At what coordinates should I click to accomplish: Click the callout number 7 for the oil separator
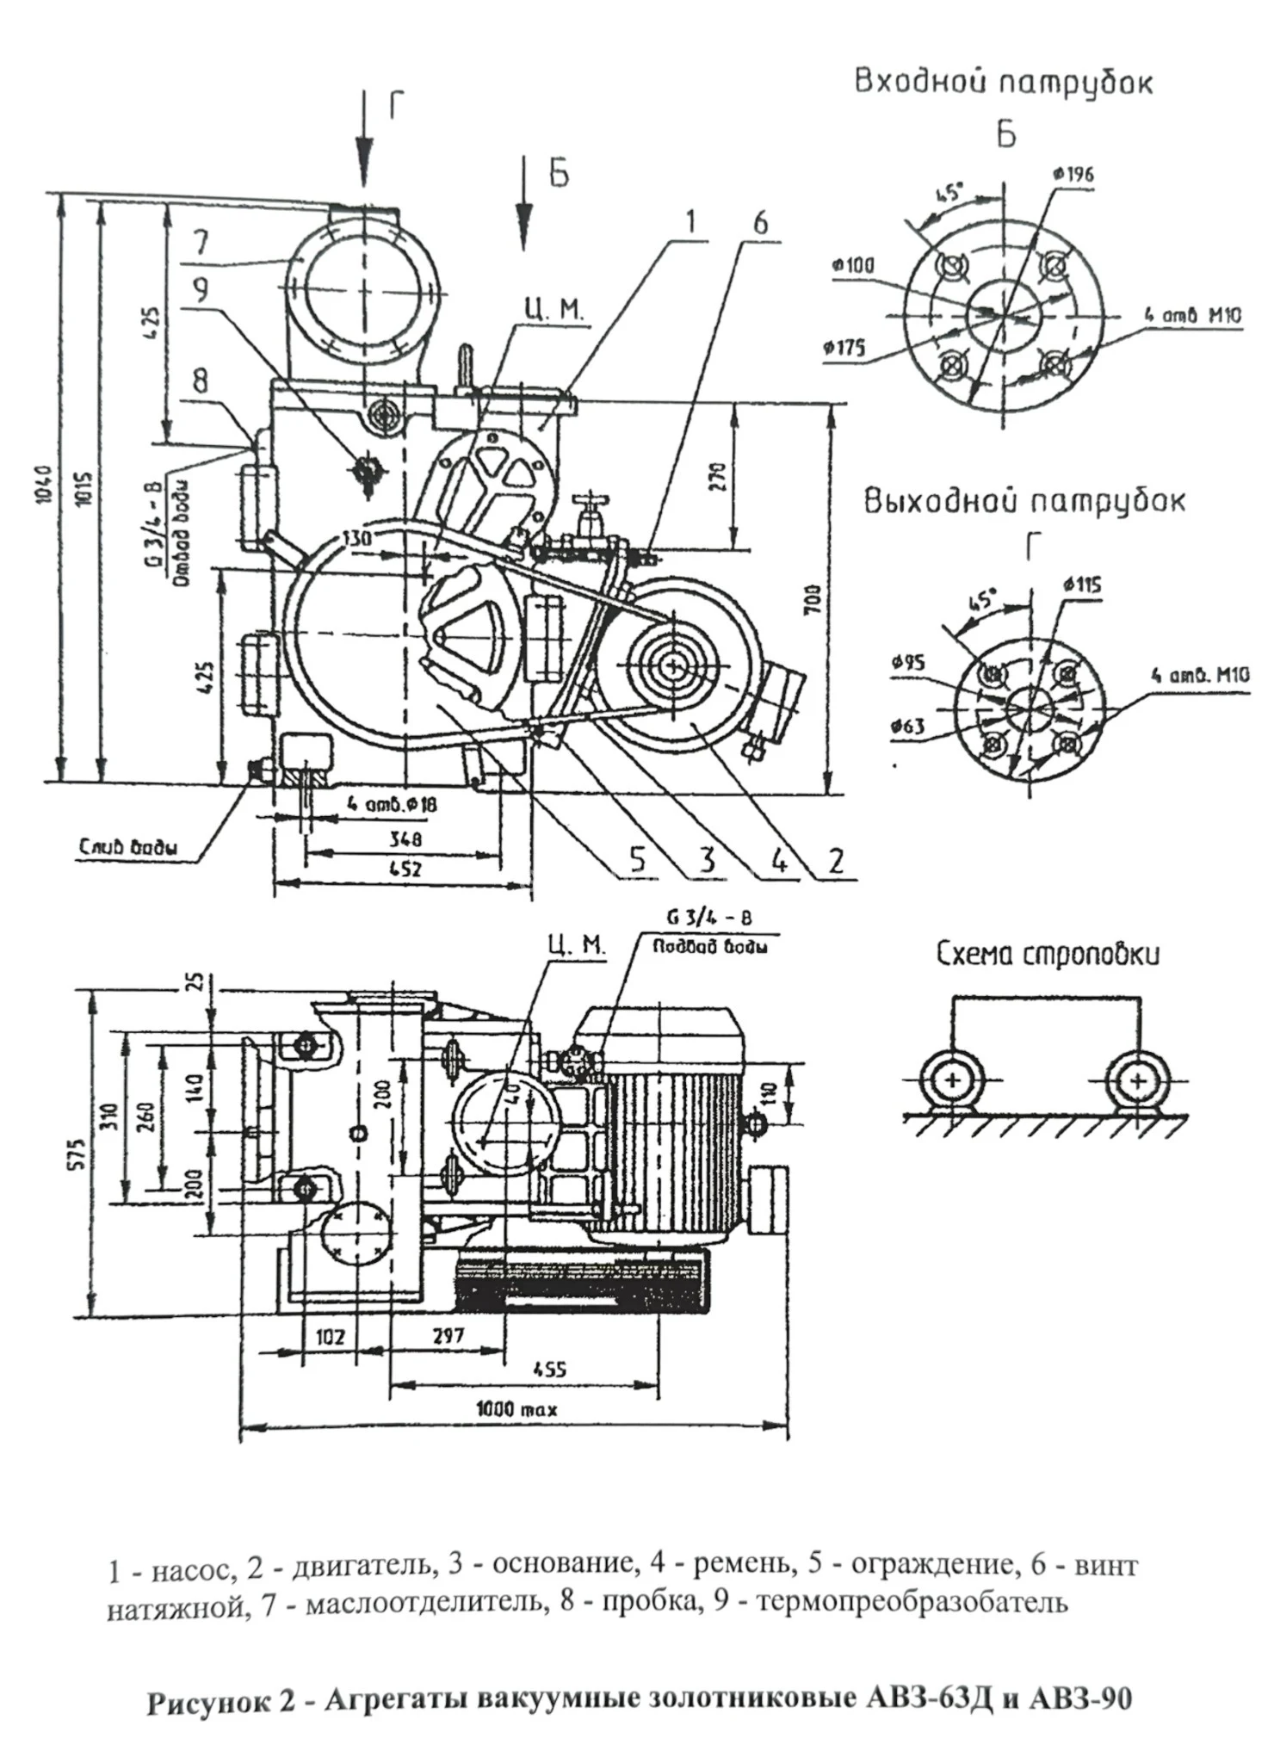[201, 242]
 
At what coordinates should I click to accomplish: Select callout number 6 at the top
[760, 223]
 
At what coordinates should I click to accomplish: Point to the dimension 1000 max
[516, 1409]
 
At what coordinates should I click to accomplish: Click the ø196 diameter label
[1073, 174]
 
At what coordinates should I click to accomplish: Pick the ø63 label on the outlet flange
[908, 727]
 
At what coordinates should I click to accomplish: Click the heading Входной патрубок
[1003, 82]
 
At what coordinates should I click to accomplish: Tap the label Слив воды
[129, 847]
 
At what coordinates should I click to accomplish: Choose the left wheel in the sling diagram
[952, 1080]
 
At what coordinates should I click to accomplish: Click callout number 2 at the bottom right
[836, 860]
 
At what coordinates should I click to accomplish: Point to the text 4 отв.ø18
[392, 805]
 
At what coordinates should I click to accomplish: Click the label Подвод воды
[710, 947]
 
